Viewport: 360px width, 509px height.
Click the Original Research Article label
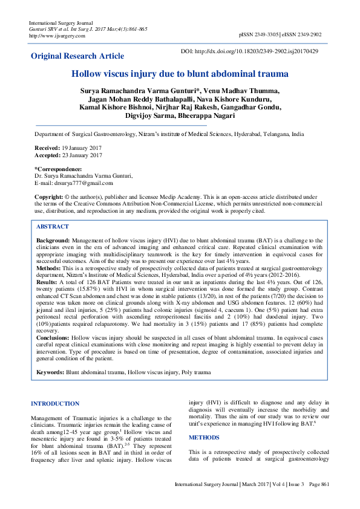(x=77, y=56)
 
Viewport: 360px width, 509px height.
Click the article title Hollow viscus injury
(x=180, y=74)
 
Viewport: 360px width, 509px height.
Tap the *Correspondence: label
(x=58, y=169)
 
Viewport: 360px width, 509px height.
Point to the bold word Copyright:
(x=48, y=198)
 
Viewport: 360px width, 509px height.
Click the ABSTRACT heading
(x=53, y=226)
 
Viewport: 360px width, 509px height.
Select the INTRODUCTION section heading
(x=55, y=403)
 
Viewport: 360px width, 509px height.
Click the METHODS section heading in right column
(x=203, y=436)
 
